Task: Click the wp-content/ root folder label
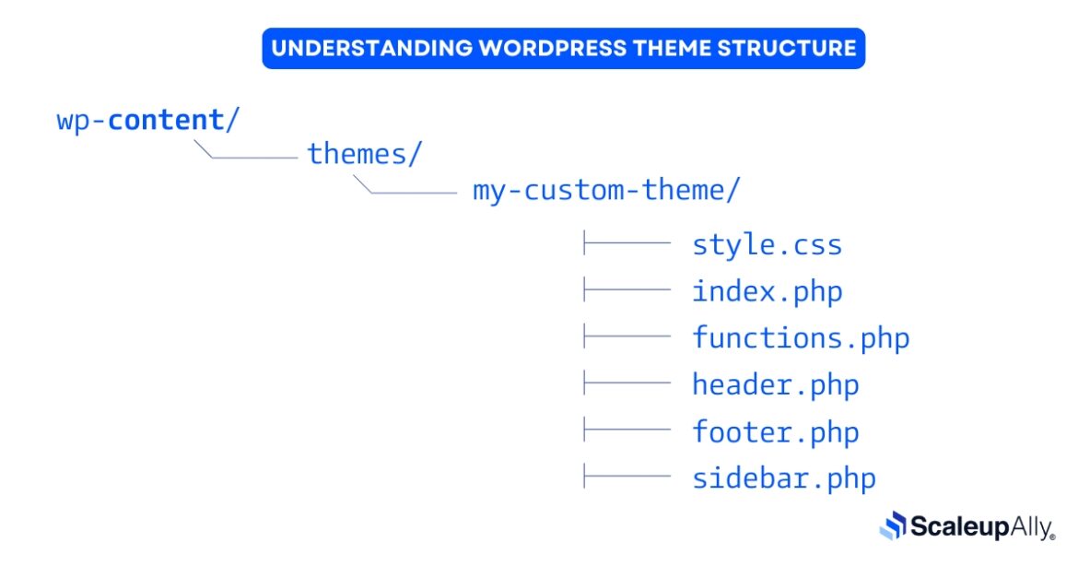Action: point(147,121)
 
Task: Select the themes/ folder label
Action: point(364,154)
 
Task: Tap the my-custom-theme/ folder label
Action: point(605,191)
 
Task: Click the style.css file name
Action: point(767,245)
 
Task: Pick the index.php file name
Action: point(767,292)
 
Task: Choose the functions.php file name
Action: point(801,338)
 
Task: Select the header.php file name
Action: point(775,385)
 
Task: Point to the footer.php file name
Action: point(775,432)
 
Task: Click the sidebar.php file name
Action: point(783,479)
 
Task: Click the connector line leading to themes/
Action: point(253,158)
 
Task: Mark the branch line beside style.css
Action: point(627,244)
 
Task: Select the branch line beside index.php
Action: point(627,290)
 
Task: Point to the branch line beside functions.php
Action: point(627,336)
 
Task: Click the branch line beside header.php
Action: point(627,383)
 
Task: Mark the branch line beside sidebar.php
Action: point(627,477)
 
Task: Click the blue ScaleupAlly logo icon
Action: point(894,526)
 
